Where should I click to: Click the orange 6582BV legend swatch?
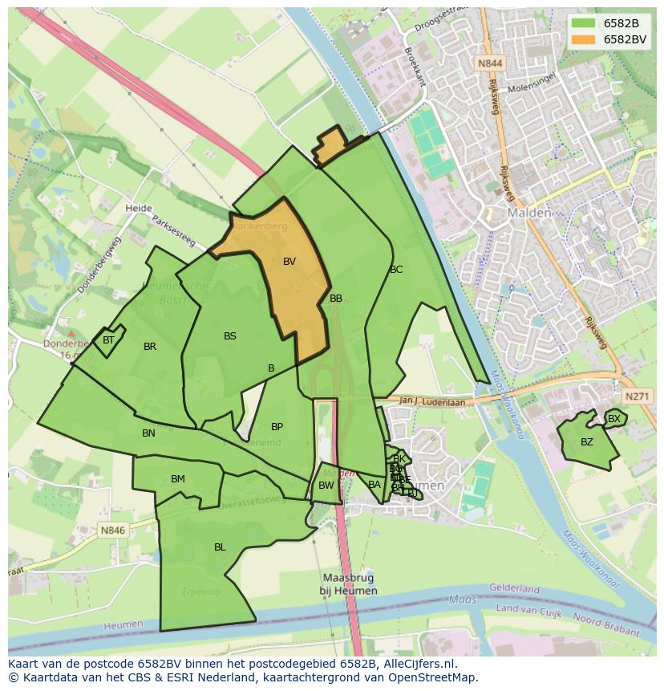[x=583, y=39]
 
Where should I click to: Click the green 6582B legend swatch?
[x=583, y=22]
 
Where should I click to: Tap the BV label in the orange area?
[x=289, y=262]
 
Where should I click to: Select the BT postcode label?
[x=108, y=340]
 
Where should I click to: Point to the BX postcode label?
[x=614, y=419]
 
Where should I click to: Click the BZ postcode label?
[x=587, y=442]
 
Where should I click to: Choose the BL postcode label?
[x=220, y=547]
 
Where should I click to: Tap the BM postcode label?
[x=178, y=479]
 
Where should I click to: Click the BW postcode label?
[x=326, y=486]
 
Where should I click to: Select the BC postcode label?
[x=396, y=270]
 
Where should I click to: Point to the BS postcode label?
[x=230, y=336]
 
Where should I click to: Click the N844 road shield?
[x=489, y=63]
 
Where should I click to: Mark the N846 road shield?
[x=113, y=530]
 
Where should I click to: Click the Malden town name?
[x=529, y=213]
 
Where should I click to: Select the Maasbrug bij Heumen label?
[x=349, y=584]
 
